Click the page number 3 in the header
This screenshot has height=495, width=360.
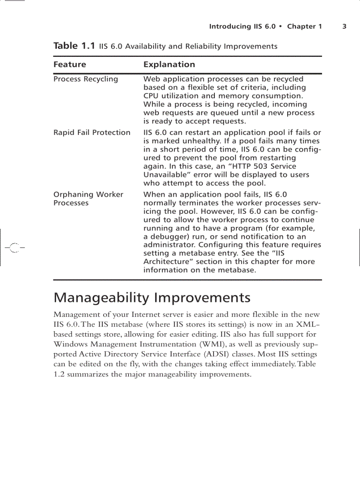[344, 26]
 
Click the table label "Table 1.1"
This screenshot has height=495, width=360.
[74, 46]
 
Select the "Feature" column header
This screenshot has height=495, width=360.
[70, 64]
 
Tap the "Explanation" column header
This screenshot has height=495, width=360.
[169, 64]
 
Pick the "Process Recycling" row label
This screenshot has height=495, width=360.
[86, 79]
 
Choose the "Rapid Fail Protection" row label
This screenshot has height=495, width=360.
[92, 133]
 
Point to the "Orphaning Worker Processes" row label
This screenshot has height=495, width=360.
[88, 199]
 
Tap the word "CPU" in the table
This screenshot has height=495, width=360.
[151, 96]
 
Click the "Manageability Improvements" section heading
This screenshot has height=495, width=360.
[152, 298]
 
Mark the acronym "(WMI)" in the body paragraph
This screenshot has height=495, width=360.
[223, 344]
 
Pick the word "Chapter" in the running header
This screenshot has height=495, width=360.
[301, 26]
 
